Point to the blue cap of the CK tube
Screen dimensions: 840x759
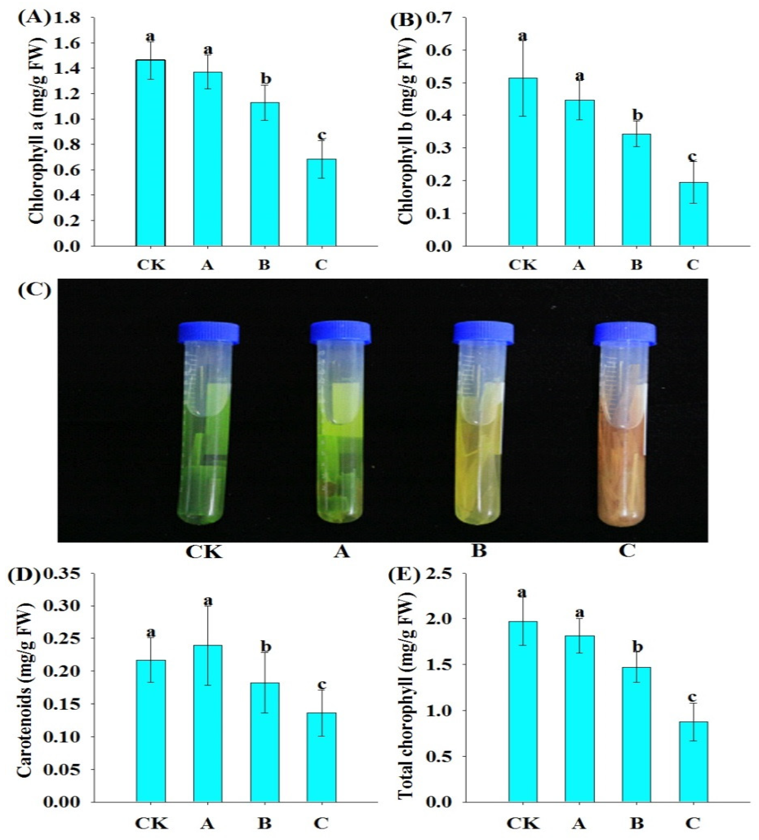tap(208, 333)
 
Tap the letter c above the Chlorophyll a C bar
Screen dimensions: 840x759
tap(321, 135)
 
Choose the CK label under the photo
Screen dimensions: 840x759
tap(204, 552)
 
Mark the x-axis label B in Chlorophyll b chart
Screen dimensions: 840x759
tap(636, 265)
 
